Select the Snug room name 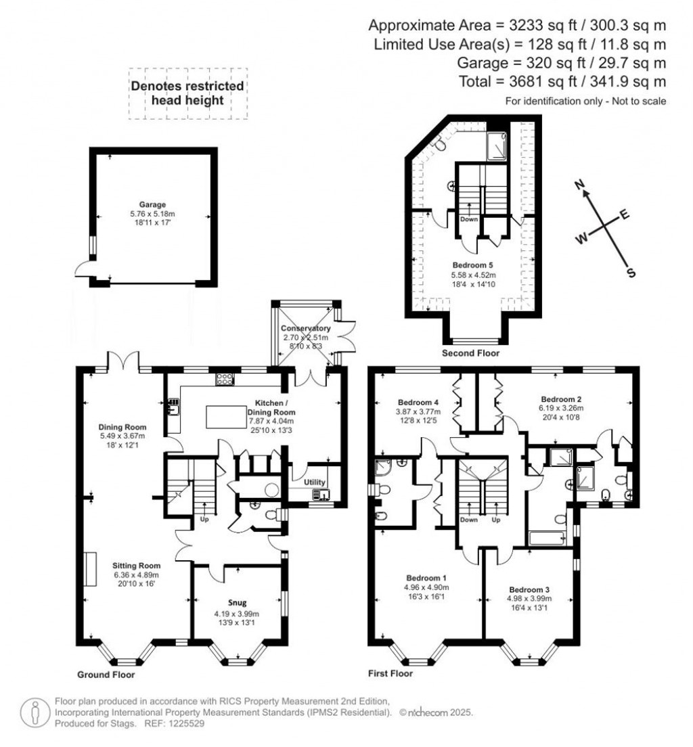click(x=237, y=603)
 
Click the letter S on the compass click(x=631, y=273)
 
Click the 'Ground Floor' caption click(x=106, y=675)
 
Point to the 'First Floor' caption click(x=390, y=673)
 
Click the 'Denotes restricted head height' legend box click(x=187, y=93)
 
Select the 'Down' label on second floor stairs click(x=469, y=219)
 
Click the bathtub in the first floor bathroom click(x=549, y=539)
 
